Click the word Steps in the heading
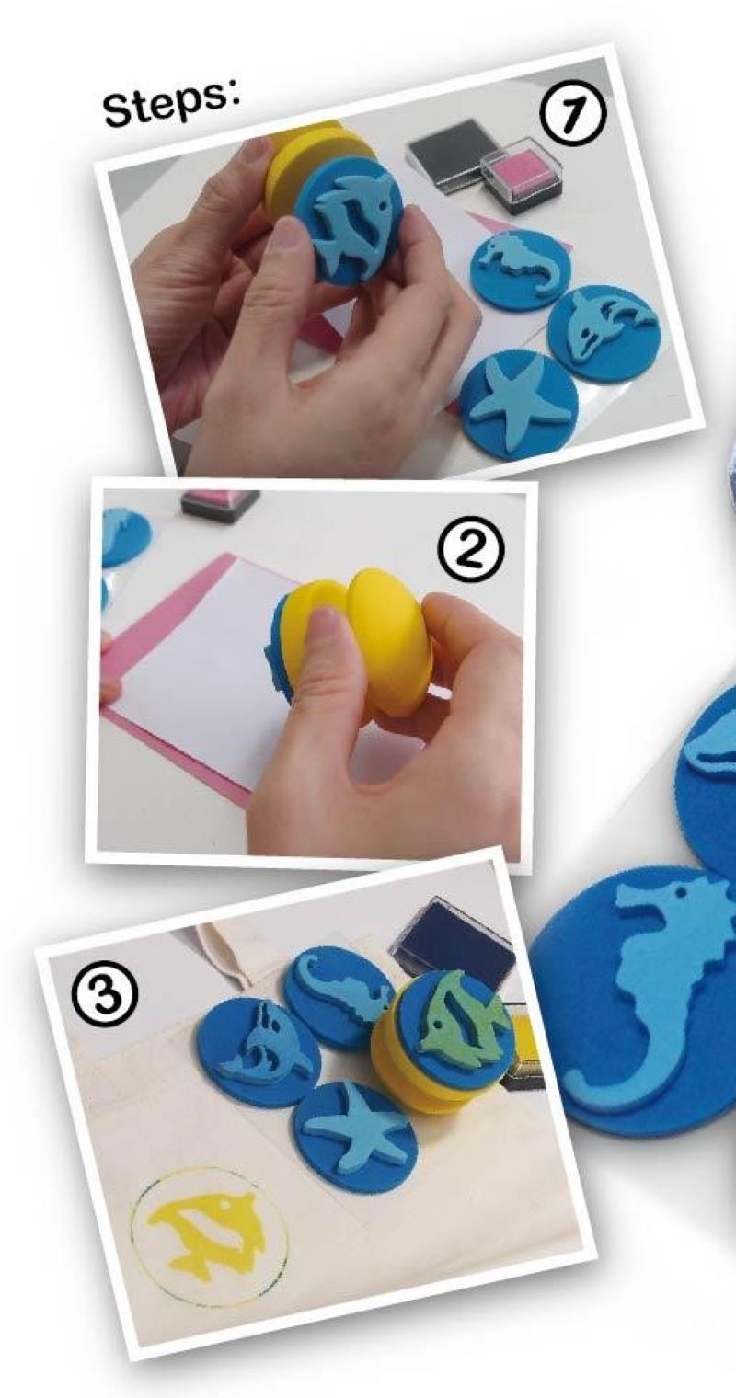tap(172, 103)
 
